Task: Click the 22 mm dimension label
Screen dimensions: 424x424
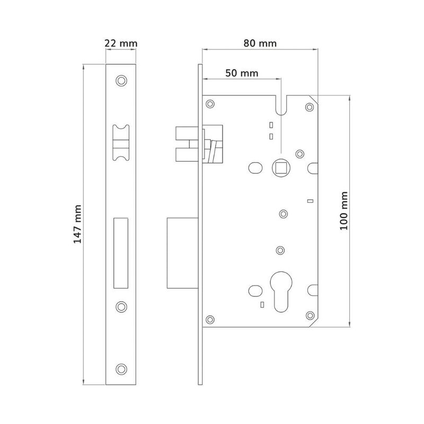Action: [121, 43]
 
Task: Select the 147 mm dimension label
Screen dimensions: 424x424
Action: [77, 224]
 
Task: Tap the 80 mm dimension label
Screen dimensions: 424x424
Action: [260, 43]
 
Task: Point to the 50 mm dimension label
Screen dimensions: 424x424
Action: [242, 73]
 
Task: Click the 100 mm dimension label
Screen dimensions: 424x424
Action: [343, 211]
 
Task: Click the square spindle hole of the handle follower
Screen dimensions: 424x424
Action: [281, 168]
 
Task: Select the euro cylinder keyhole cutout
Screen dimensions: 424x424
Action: [281, 292]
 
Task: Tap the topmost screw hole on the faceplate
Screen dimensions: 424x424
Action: [121, 81]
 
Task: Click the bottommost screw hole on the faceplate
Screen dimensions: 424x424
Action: [121, 369]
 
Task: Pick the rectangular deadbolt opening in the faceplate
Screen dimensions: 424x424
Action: [121, 253]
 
